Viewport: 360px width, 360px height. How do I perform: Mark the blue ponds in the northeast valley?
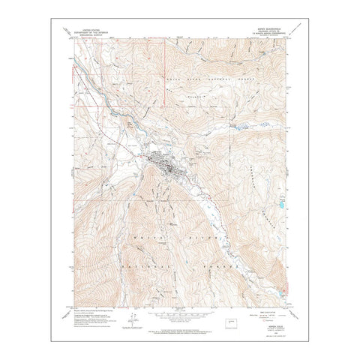(x=238, y=127)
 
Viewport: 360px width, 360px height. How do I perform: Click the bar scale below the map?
(x=179, y=310)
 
